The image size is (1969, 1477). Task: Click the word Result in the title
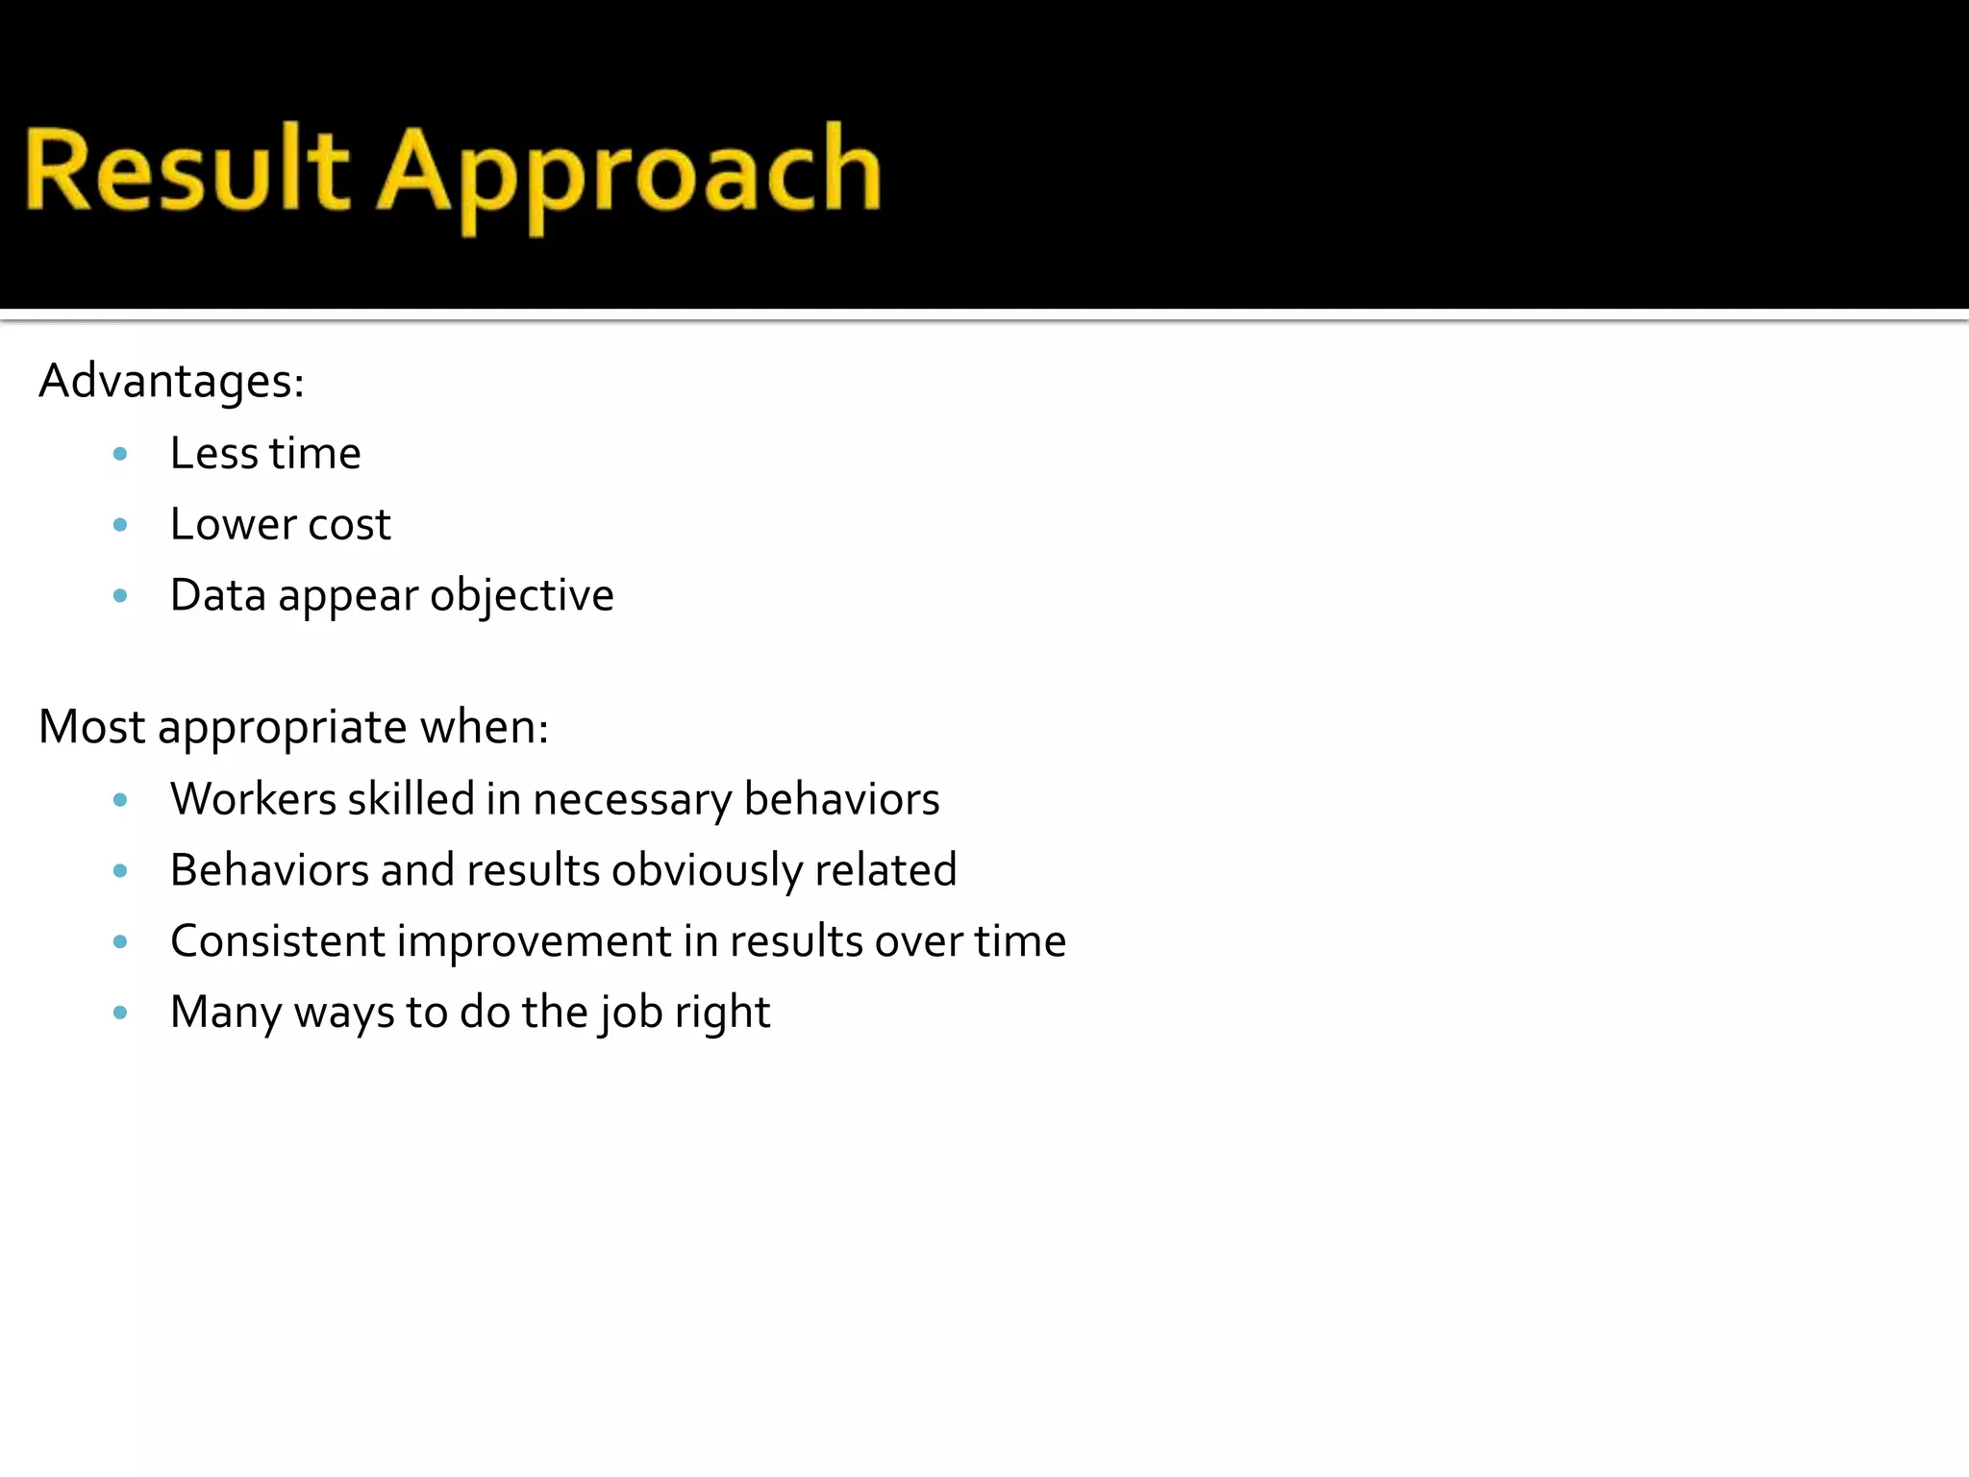coord(187,171)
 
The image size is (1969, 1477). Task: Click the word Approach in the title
coord(629,173)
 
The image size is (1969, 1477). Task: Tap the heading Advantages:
coord(171,381)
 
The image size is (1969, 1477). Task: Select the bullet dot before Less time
coord(120,454)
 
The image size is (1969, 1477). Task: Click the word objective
coord(522,596)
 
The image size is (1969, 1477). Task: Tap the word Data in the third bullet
coord(217,595)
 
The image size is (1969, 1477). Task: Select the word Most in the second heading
coord(91,726)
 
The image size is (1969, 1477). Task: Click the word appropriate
coord(283,728)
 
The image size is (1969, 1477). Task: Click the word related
coord(885,870)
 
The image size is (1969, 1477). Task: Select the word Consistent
coord(278,941)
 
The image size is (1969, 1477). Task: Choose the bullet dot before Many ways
coord(120,1013)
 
